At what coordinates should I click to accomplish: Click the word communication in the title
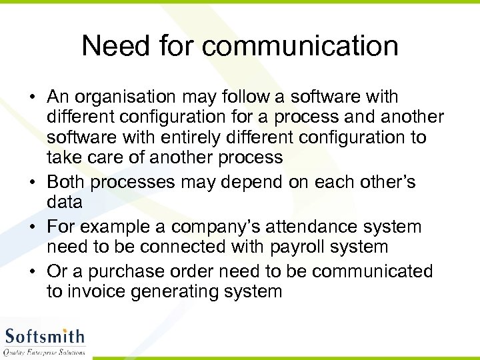[300, 47]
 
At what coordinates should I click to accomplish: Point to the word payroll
[301, 247]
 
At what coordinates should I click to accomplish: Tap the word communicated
[373, 272]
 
